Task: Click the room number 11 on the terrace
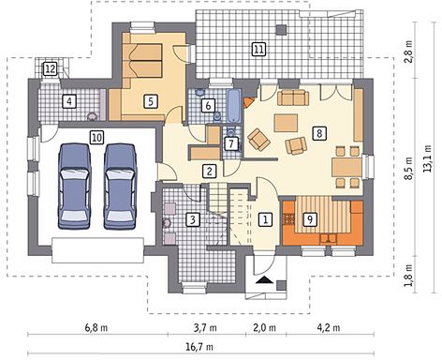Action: pyautogui.click(x=258, y=50)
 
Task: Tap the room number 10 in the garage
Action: pyautogui.click(x=96, y=137)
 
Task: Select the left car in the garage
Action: pyautogui.click(x=75, y=187)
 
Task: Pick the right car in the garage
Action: pyautogui.click(x=121, y=187)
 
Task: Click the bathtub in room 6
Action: pyautogui.click(x=234, y=106)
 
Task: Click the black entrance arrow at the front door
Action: pyautogui.click(x=265, y=280)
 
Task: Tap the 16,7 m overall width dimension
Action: pyautogui.click(x=200, y=347)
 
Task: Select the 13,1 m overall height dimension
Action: pyautogui.click(x=427, y=157)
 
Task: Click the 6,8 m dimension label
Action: pyautogui.click(x=96, y=328)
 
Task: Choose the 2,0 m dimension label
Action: pyautogui.click(x=264, y=328)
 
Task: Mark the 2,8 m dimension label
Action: pyautogui.click(x=408, y=52)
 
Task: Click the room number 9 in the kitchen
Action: pyautogui.click(x=310, y=218)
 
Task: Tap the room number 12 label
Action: pyautogui.click(x=51, y=68)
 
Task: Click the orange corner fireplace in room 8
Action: pyautogui.click(x=249, y=102)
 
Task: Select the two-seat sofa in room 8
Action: pyautogui.click(x=293, y=97)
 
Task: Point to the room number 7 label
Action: pyautogui.click(x=231, y=143)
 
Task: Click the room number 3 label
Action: pyautogui.click(x=193, y=219)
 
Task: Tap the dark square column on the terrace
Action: pyautogui.click(x=281, y=29)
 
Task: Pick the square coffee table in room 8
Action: pyautogui.click(x=286, y=123)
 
